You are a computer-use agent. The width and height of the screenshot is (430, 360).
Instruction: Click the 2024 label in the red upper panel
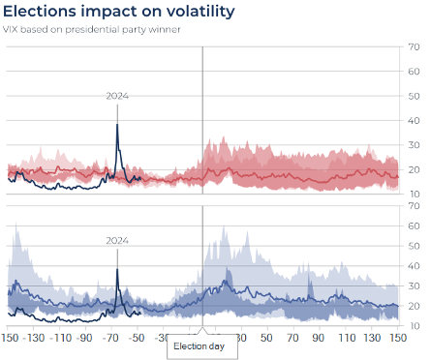pyautogui.click(x=117, y=96)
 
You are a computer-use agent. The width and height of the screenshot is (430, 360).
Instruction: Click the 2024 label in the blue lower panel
pyautogui.click(x=117, y=240)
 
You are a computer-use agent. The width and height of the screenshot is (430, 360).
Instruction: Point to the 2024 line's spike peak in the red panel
pyautogui.click(x=117, y=125)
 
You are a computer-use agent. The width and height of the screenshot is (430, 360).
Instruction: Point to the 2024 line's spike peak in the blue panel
pyautogui.click(x=117, y=251)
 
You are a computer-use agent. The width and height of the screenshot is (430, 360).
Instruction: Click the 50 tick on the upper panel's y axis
pyautogui.click(x=415, y=71)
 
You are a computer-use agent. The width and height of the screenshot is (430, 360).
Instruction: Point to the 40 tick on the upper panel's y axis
pyautogui.click(x=415, y=96)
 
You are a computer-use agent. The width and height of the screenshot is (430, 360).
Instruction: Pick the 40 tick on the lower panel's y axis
pyautogui.click(x=415, y=265)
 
